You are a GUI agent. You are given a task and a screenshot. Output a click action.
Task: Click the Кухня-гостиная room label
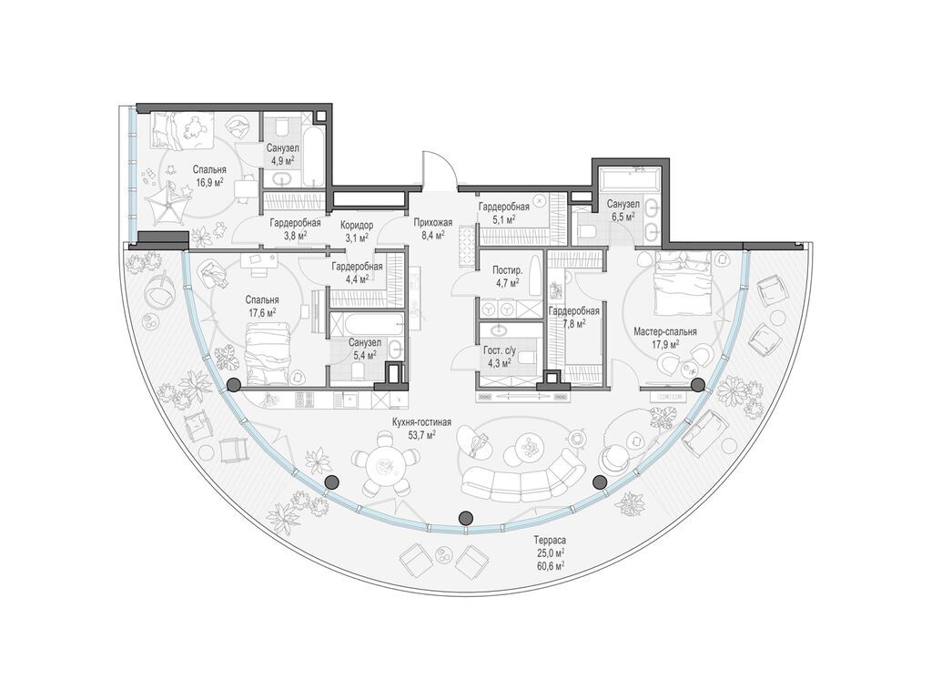click(421, 422)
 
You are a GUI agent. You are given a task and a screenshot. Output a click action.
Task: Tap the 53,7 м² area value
click(421, 435)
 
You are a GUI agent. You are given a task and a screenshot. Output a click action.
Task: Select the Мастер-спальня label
click(665, 331)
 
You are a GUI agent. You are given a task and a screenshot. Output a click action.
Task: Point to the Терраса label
click(549, 541)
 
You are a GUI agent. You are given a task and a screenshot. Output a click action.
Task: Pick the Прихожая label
click(432, 223)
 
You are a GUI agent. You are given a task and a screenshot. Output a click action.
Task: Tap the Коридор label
click(357, 226)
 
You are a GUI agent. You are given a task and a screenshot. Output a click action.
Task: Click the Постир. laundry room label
click(508, 269)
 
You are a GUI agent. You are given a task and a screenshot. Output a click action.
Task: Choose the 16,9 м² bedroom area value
click(208, 181)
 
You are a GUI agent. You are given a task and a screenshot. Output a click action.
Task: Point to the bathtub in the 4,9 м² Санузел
click(314, 154)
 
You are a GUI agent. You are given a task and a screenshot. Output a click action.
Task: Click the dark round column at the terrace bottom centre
click(467, 517)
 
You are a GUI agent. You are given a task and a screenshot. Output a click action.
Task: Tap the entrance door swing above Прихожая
click(440, 169)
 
